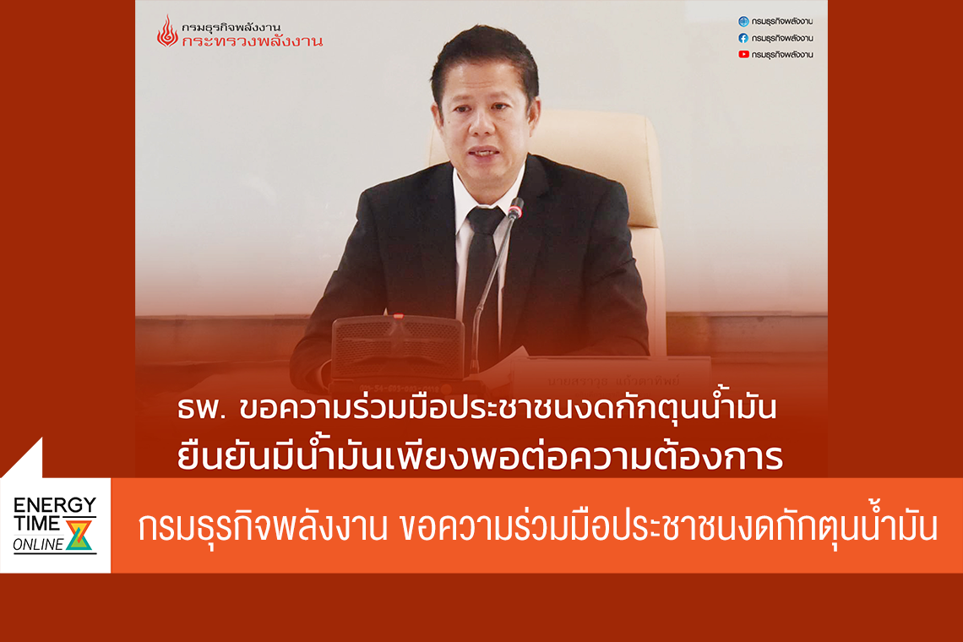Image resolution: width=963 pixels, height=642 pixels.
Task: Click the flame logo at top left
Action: click(x=167, y=31)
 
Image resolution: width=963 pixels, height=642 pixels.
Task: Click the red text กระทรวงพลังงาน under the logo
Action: click(x=258, y=41)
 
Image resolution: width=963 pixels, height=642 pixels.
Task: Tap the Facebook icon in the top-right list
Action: click(x=743, y=38)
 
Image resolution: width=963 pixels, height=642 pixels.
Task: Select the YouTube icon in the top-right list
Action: click(x=743, y=54)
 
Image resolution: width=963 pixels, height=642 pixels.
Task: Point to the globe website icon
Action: click(x=743, y=21)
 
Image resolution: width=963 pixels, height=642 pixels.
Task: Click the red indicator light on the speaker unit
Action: click(x=398, y=317)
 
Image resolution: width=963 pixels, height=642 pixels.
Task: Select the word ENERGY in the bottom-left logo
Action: click(x=55, y=505)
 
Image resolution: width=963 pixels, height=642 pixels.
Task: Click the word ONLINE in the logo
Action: click(x=38, y=545)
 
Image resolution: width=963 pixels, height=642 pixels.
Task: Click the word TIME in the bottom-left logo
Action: click(x=37, y=524)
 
